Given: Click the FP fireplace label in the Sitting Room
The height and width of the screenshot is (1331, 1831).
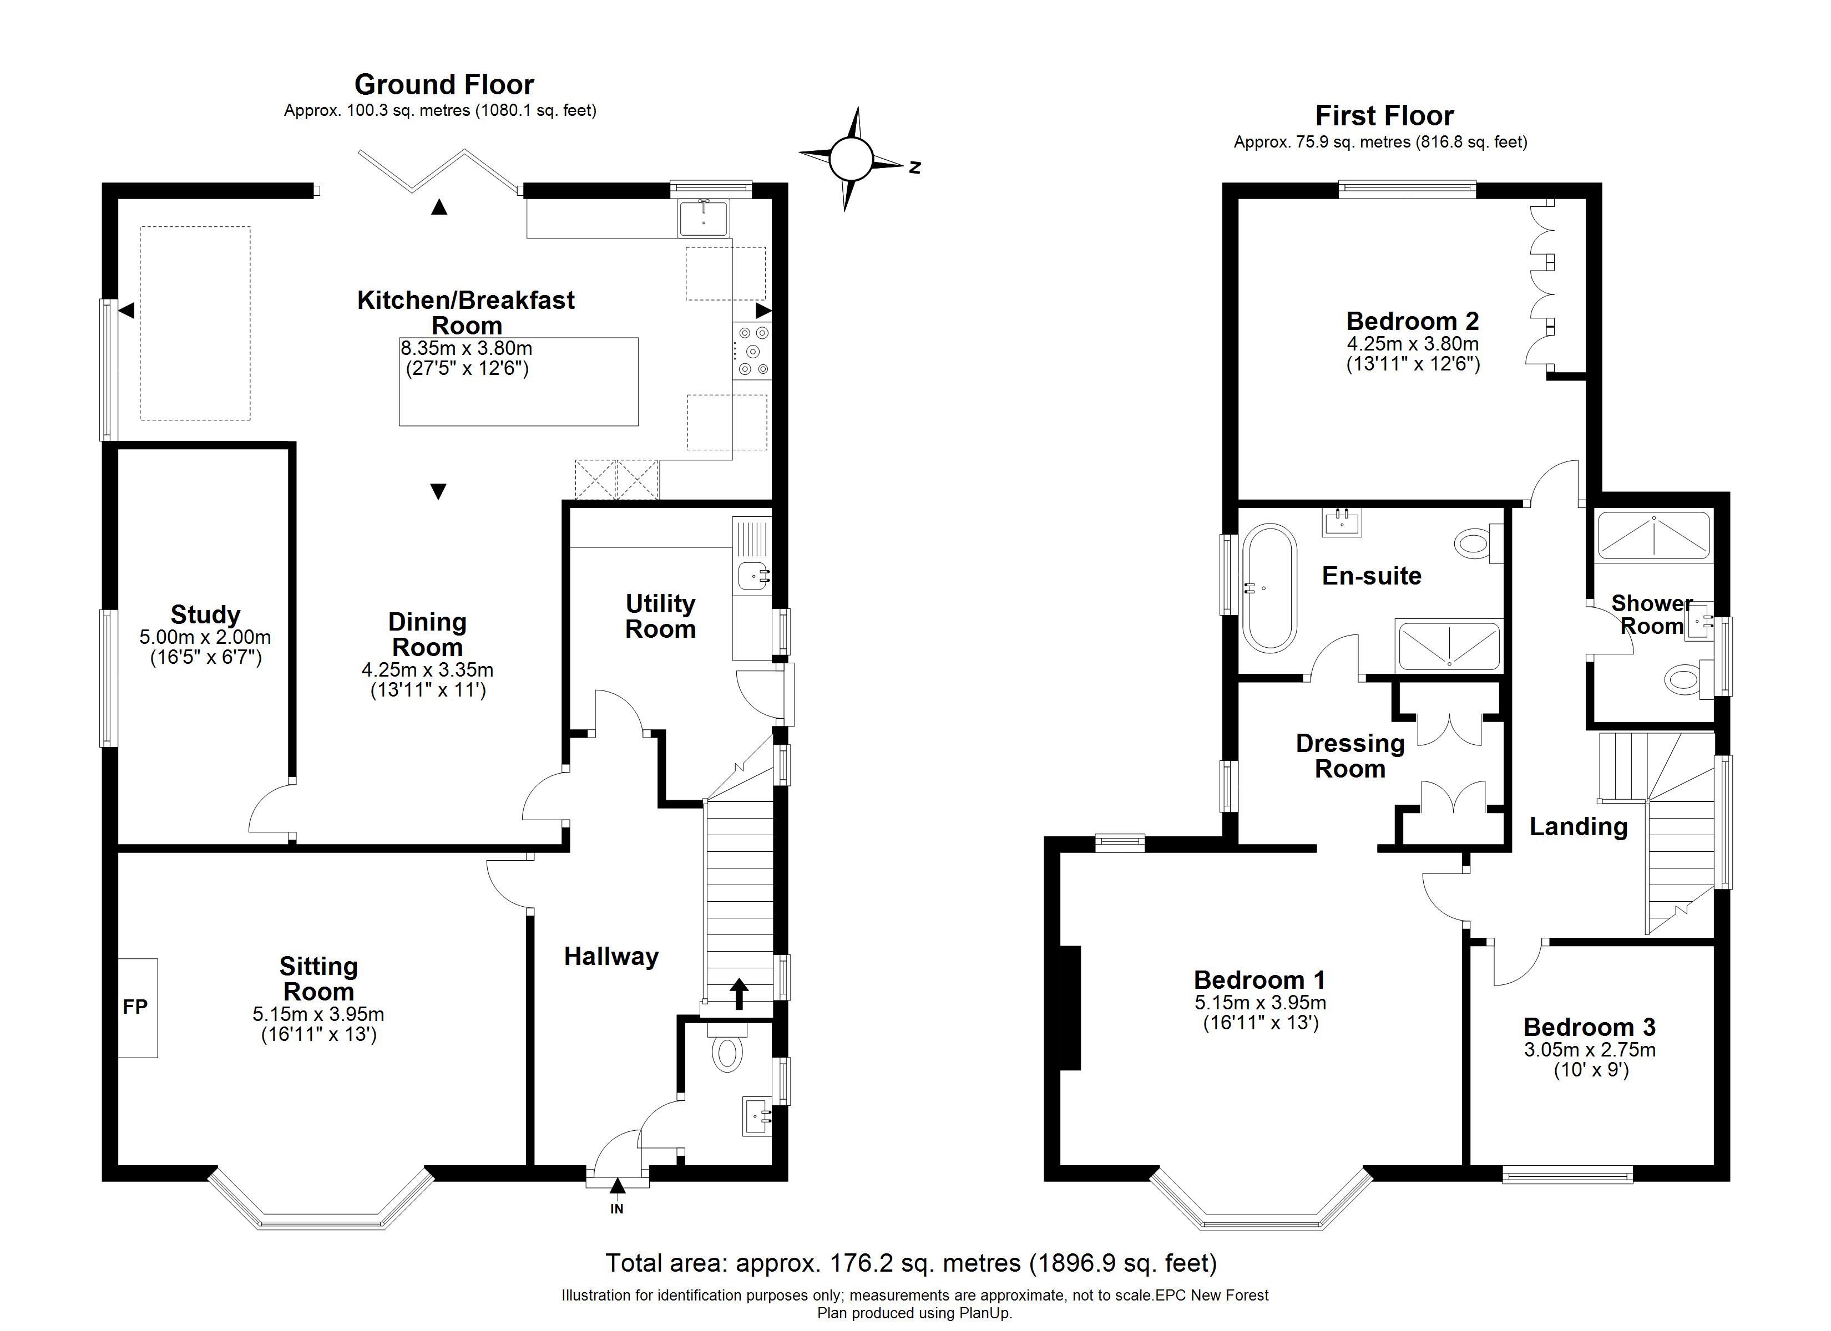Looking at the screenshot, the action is pos(135,1007).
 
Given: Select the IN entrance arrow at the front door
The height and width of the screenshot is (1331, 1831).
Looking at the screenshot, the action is pos(618,1186).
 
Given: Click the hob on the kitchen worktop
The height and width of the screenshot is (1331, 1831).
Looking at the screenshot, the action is pos(752,351).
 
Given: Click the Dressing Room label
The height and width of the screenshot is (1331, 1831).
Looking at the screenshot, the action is pos(1351,755).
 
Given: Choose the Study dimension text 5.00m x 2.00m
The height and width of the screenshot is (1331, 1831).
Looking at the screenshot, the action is pos(205,637).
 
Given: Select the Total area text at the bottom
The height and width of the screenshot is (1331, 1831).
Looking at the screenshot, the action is pos(912,1262).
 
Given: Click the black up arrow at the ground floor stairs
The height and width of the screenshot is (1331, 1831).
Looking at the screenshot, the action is pos(739,994).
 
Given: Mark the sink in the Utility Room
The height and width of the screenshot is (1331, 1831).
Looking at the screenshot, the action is pos(754,576).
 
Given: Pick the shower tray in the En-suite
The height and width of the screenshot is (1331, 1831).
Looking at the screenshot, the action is pos(1449,646).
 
